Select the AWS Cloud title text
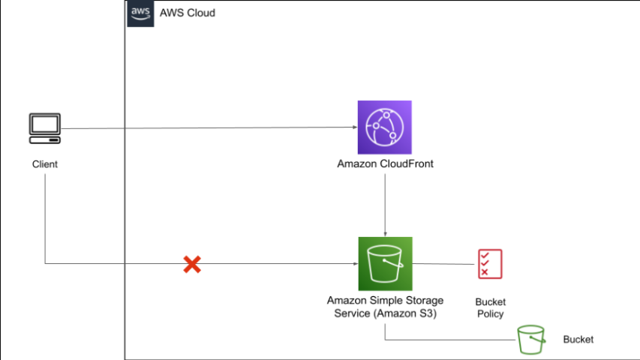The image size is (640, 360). [x=188, y=13]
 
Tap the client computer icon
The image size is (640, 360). [x=45, y=128]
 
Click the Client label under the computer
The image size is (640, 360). [x=45, y=163]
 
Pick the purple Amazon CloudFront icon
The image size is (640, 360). [x=385, y=127]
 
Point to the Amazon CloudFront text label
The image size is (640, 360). [x=385, y=163]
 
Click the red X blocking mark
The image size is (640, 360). [x=192, y=264]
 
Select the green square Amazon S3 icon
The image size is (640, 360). [x=385, y=264]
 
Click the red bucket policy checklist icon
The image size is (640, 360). [x=490, y=264]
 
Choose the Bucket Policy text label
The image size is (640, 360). [x=490, y=307]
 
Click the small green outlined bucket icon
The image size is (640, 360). [x=531, y=340]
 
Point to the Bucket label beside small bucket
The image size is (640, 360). [x=578, y=340]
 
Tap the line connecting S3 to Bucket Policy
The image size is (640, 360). [x=444, y=264]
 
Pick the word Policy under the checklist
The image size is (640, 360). [x=490, y=313]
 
